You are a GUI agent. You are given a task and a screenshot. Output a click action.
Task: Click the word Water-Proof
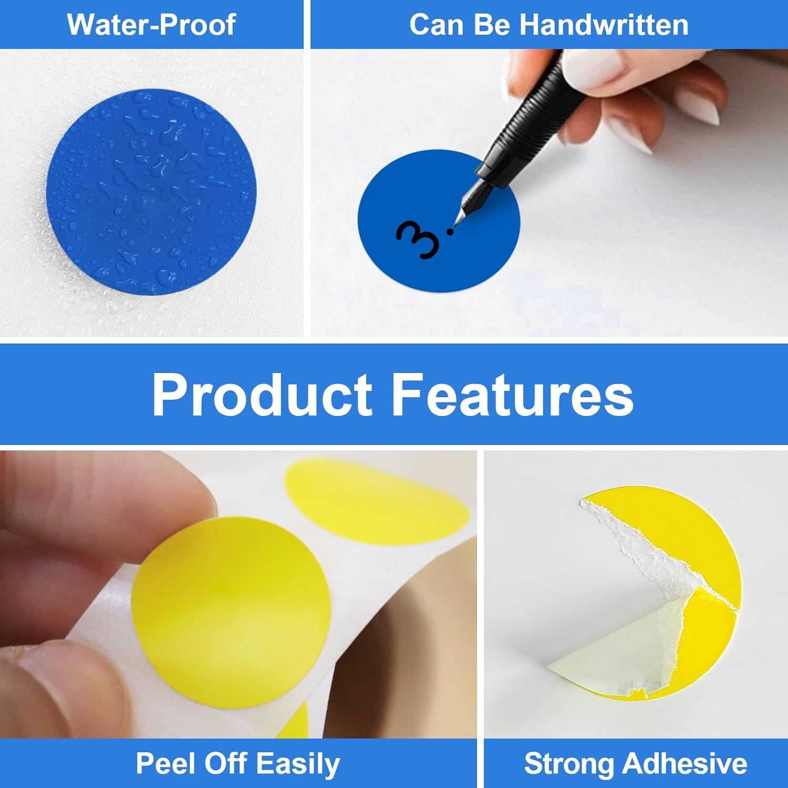click(x=151, y=25)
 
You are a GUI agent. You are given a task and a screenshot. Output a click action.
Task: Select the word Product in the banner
click(x=262, y=395)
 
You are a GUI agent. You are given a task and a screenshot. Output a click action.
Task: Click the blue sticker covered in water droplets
click(x=150, y=192)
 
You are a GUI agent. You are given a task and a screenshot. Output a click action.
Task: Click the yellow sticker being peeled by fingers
click(x=231, y=604)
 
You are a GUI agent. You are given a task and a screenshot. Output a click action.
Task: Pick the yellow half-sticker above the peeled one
click(x=376, y=499)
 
